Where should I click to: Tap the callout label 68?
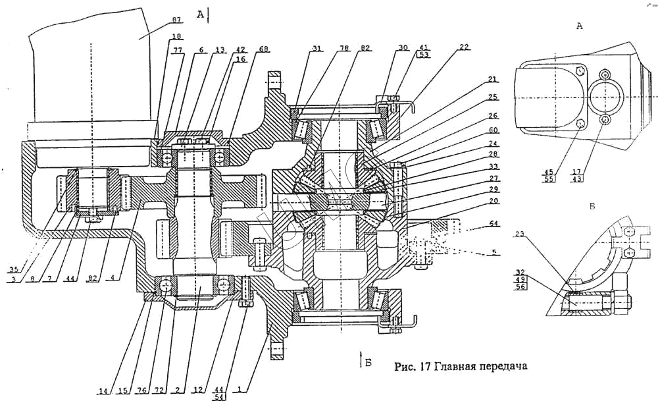(x=245, y=49)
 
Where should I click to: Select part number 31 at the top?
(x=318, y=49)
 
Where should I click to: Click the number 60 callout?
(x=493, y=130)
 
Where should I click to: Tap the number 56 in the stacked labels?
(x=522, y=286)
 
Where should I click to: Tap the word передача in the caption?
(x=501, y=365)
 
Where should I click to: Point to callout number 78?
(x=345, y=49)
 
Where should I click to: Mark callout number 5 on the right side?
(x=493, y=252)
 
